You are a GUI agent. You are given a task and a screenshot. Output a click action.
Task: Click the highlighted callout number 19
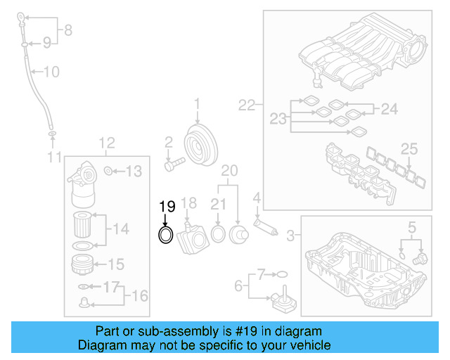pyautogui.click(x=166, y=207)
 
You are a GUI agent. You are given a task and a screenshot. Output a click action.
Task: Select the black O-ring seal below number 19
pyautogui.click(x=165, y=235)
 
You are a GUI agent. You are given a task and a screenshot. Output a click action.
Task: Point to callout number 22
pyautogui.click(x=246, y=105)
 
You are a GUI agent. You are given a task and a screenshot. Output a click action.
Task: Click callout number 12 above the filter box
pyautogui.click(x=106, y=143)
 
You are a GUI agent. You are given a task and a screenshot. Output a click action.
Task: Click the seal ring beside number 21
pyautogui.click(x=218, y=233)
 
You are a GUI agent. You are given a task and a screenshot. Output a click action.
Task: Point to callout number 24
pyautogui.click(x=389, y=109)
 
